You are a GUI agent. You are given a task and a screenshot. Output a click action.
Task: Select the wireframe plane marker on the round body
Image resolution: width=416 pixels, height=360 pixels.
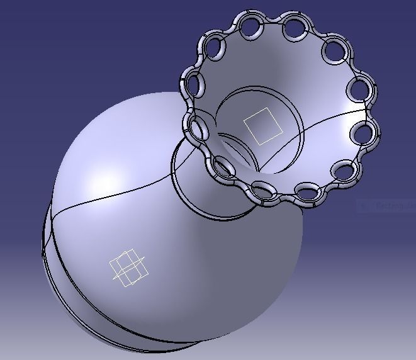click(x=129, y=267)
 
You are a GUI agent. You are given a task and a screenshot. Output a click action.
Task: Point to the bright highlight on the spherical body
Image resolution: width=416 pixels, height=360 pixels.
click(x=101, y=183)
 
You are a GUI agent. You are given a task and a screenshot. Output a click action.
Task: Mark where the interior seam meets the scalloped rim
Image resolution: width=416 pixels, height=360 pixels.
click(x=367, y=111)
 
